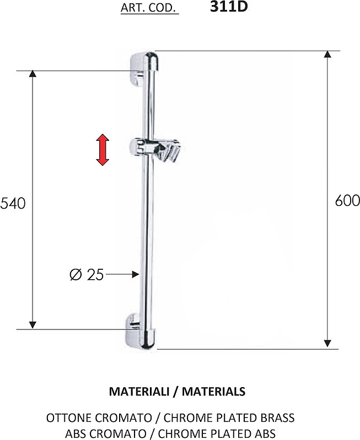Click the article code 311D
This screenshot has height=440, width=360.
(229, 7)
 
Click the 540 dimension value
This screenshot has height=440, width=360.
(13, 203)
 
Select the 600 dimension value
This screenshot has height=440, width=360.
(347, 200)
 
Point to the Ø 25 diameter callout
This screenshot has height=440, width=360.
(87, 274)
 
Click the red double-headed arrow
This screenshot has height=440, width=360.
(103, 150)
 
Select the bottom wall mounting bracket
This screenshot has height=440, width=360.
(142, 331)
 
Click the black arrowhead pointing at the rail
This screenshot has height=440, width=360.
(136, 274)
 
